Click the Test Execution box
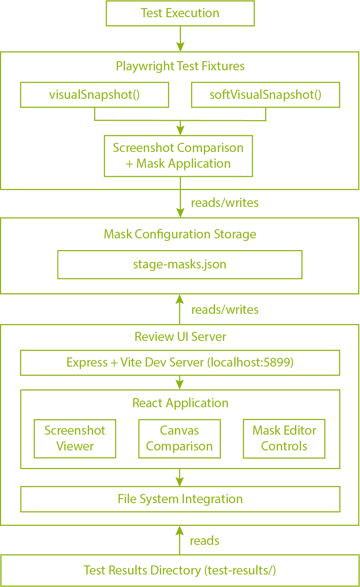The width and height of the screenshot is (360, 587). point(180,13)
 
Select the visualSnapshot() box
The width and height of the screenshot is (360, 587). point(94,95)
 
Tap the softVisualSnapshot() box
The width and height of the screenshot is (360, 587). point(265,95)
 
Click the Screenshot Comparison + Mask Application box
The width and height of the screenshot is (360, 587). point(178,156)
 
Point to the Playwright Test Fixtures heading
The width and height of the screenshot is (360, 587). point(180,66)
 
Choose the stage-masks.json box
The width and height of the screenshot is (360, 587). point(179,264)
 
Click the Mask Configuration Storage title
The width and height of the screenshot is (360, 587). point(180,234)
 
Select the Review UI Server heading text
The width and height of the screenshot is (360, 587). point(180,337)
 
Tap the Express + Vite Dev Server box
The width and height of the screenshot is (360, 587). point(180,363)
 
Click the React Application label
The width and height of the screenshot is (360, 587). point(180,403)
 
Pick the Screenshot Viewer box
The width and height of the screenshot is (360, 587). point(75,438)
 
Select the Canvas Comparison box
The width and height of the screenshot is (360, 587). point(179,438)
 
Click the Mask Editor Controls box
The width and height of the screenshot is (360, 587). point(284,438)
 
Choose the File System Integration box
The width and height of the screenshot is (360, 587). point(180,499)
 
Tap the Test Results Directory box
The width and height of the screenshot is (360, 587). point(179,570)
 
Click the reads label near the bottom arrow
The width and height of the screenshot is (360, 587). point(204,541)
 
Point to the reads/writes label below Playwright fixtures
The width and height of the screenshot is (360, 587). point(224,203)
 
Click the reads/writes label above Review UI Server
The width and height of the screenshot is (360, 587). point(224,310)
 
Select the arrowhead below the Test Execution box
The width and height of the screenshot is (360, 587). point(180,47)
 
